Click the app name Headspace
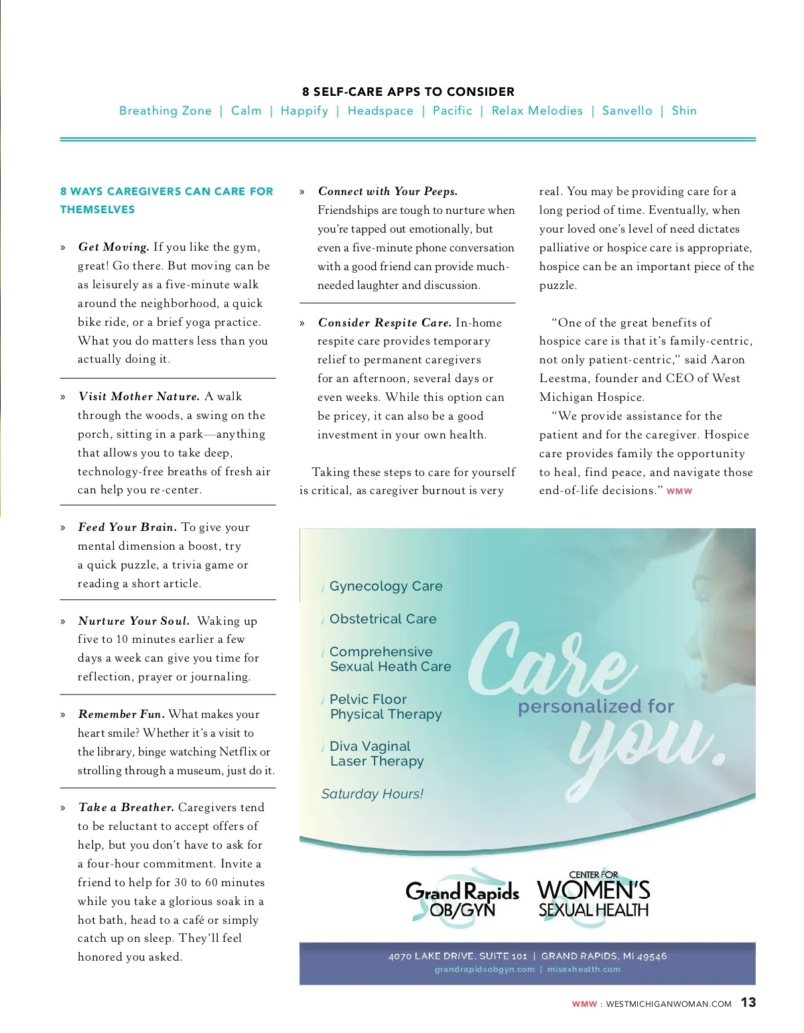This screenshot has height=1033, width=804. click(380, 111)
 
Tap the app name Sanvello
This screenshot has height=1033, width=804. click(626, 111)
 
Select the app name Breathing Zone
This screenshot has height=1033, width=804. click(165, 111)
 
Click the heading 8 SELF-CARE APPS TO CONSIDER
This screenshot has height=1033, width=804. click(408, 92)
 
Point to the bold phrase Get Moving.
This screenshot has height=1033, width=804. click(113, 247)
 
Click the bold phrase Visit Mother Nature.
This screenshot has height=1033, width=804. click(139, 397)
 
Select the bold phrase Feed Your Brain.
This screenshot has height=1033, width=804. click(127, 528)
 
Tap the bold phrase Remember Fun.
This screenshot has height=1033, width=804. click(121, 715)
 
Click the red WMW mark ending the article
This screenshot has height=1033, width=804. click(679, 491)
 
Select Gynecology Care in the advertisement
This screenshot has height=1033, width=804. click(385, 587)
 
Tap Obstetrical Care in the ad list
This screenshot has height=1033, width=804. click(383, 619)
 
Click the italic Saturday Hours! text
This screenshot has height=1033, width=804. click(372, 794)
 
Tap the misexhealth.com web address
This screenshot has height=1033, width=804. click(584, 969)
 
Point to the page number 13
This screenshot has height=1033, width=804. click(748, 1003)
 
